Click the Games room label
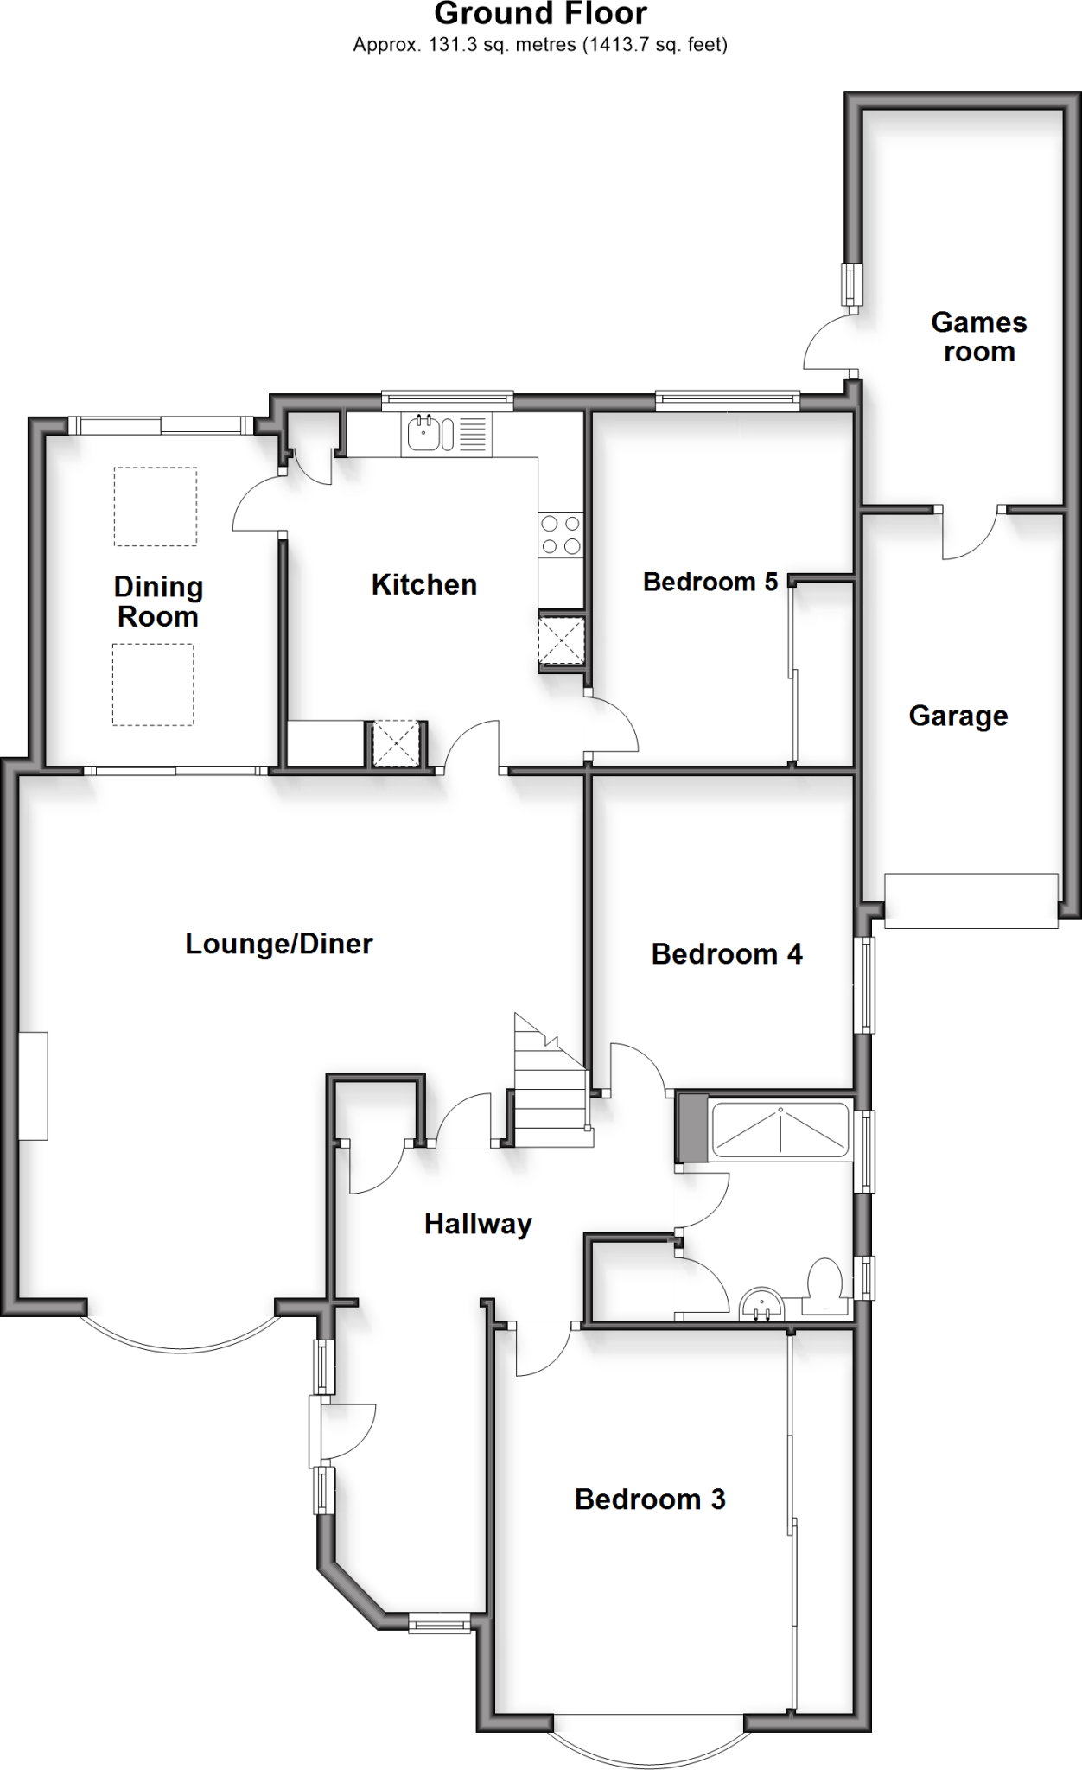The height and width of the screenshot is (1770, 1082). pos(978,337)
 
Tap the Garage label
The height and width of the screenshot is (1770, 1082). pos(958,716)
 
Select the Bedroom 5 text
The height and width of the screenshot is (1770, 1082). pos(710,582)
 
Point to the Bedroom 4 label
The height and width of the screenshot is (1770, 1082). pos(726,954)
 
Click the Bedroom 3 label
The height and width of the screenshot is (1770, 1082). pos(650,1499)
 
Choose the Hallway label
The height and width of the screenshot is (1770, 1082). pos(478,1224)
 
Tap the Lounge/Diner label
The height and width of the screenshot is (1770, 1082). pos(279,943)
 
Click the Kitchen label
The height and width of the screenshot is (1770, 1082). pos(423,584)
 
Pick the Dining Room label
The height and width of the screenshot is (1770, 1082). pos(158,602)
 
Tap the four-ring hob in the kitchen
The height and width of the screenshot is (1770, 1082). pos(560,534)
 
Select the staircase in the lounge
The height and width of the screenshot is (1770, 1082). pos(551,1085)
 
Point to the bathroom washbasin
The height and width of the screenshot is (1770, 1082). pos(762,1305)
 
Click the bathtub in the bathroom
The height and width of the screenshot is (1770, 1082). pos(780,1129)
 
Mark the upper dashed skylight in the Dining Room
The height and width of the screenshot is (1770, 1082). pos(156,506)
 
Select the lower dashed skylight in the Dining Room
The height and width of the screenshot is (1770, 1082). pos(153,684)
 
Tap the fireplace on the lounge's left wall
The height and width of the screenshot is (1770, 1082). pos(34,1086)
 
